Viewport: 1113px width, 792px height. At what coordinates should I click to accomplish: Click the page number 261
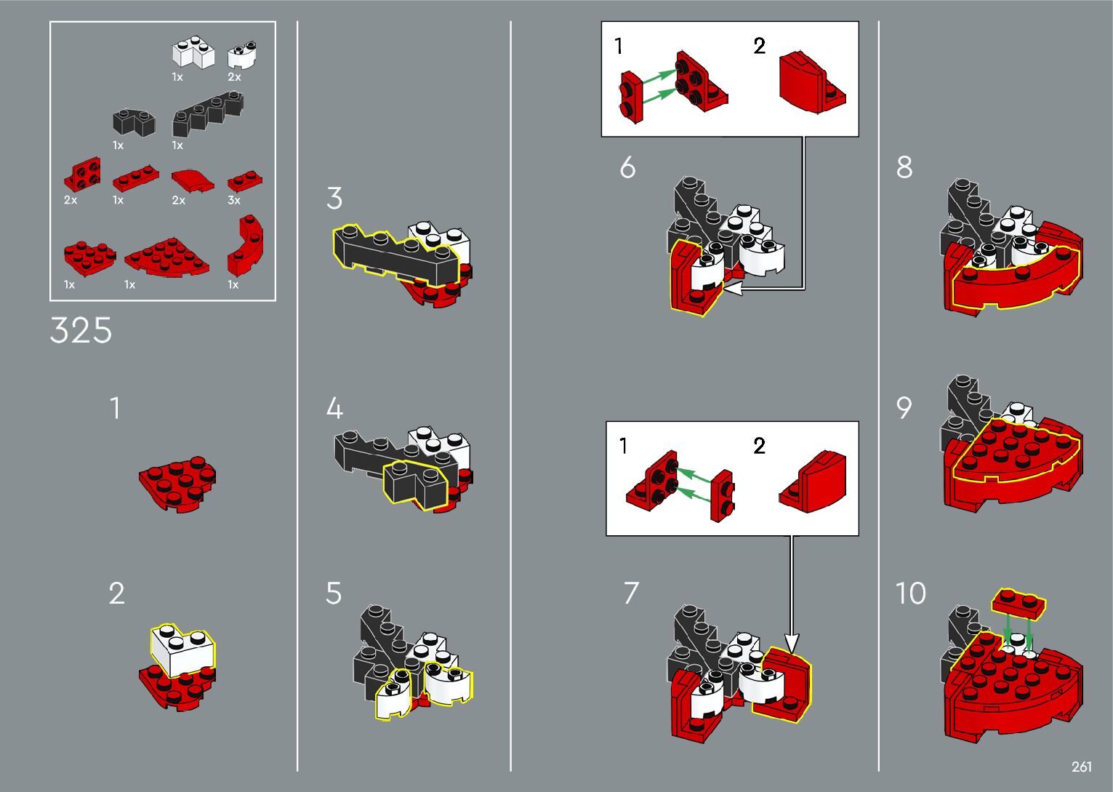pyautogui.click(x=1081, y=766)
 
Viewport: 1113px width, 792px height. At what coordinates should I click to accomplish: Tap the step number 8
pyautogui.click(x=904, y=167)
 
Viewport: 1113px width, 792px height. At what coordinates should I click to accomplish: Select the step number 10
pyautogui.click(x=910, y=593)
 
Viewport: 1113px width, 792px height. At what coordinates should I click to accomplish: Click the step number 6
pyautogui.click(x=627, y=167)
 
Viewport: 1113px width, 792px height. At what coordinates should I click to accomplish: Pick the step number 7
pyautogui.click(x=631, y=593)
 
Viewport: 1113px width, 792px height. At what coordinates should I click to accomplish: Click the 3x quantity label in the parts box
pyautogui.click(x=234, y=200)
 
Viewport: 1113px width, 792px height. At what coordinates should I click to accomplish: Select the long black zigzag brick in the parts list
pyautogui.click(x=208, y=114)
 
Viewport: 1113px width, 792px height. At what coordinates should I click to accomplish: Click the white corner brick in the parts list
pyautogui.click(x=193, y=52)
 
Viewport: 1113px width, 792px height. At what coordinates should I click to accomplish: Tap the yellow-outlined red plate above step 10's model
pyautogui.click(x=1018, y=604)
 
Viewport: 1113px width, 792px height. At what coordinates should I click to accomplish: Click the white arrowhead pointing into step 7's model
pyautogui.click(x=791, y=644)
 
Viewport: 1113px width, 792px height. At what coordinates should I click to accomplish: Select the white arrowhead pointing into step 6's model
pyautogui.click(x=732, y=288)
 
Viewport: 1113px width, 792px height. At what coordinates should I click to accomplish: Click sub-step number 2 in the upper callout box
pyautogui.click(x=759, y=46)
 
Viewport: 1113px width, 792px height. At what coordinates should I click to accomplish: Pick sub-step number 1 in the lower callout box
pyautogui.click(x=624, y=446)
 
